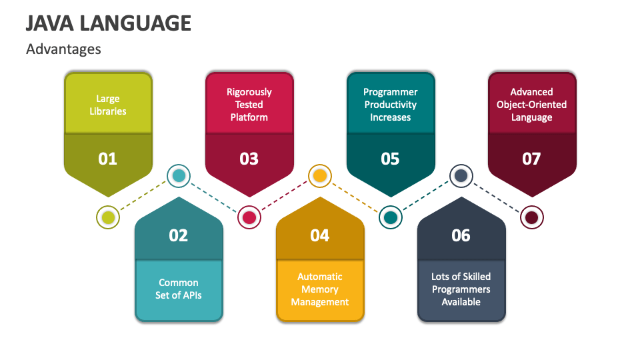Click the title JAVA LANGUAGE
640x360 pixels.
pyautogui.click(x=109, y=23)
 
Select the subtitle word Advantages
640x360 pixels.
pyautogui.click(x=63, y=49)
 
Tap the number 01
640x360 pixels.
pyautogui.click(x=107, y=159)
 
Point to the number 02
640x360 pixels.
pyautogui.click(x=179, y=235)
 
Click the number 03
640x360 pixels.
pyautogui.click(x=249, y=159)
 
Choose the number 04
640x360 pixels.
pyautogui.click(x=320, y=235)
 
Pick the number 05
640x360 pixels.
pyautogui.click(x=390, y=159)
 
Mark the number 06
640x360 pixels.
pyautogui.click(x=461, y=235)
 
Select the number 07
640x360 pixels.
pyautogui.click(x=531, y=159)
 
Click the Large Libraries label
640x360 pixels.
pyautogui.click(x=107, y=105)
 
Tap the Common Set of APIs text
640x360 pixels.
pyautogui.click(x=179, y=289)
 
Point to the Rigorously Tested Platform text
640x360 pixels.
pyautogui.click(x=249, y=105)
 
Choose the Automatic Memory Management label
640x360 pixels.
pyautogui.click(x=320, y=289)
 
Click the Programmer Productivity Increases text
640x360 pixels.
pyautogui.click(x=390, y=105)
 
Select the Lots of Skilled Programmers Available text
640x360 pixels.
pyautogui.click(x=461, y=289)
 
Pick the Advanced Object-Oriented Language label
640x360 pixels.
pyautogui.click(x=531, y=105)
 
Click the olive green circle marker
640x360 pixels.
pyautogui.click(x=108, y=217)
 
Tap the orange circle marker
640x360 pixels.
pyautogui.click(x=320, y=176)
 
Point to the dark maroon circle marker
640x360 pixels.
pyautogui.click(x=531, y=217)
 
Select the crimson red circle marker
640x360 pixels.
pyautogui.click(x=249, y=217)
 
